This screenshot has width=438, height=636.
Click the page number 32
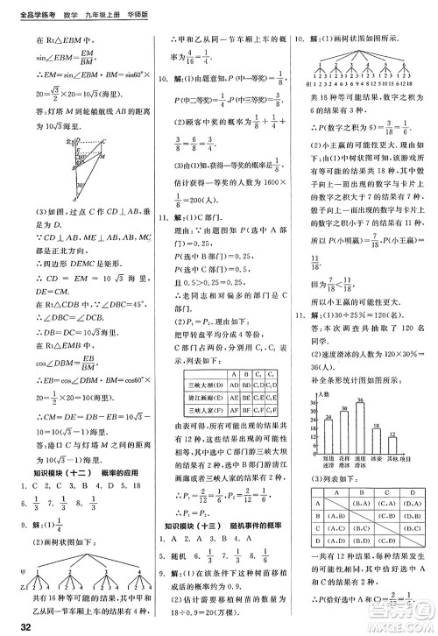tap(12, 624)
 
